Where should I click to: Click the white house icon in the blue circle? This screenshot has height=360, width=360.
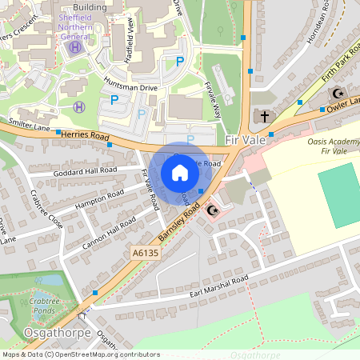[180, 172]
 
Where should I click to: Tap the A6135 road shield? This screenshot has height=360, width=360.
[141, 253]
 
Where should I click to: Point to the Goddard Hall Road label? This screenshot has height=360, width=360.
[85, 171]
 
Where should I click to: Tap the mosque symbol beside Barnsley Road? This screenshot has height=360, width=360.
[212, 210]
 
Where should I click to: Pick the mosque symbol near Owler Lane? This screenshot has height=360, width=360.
[336, 93]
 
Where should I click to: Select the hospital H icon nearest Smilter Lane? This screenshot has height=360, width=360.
[78, 106]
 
